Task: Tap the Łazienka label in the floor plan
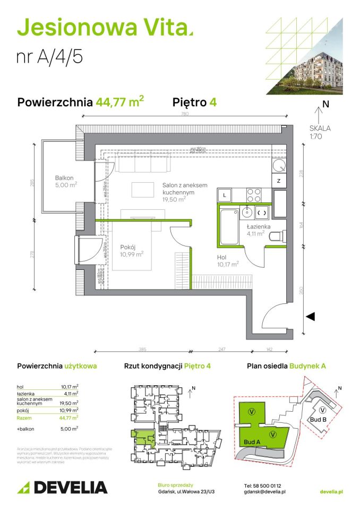pyautogui.click(x=258, y=226)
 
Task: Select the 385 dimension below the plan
pyautogui.click(x=142, y=349)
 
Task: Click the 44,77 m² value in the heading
pyautogui.click(x=120, y=102)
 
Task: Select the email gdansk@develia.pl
pyautogui.click(x=265, y=492)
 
